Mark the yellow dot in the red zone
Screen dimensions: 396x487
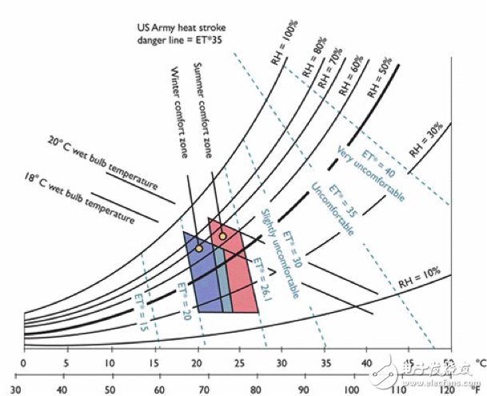coord(222,236)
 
